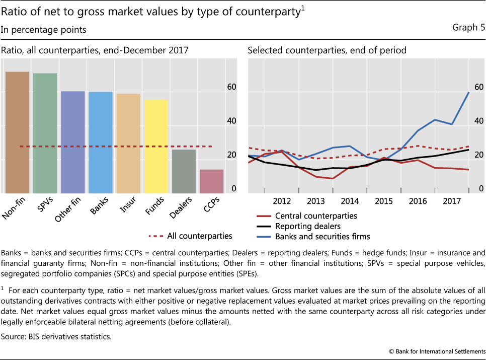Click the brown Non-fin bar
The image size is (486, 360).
point(17,132)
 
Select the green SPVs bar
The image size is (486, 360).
point(45,133)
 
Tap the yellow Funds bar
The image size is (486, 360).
point(155,146)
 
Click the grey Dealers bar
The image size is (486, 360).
point(184,171)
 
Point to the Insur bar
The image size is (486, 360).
point(128,143)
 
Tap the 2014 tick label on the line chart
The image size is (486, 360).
point(350,201)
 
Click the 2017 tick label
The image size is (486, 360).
point(452,201)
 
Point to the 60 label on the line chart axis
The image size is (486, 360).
point(478,87)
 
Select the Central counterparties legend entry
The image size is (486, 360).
point(316,216)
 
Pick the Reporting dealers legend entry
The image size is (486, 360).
point(307,226)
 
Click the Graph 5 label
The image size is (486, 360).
point(468,29)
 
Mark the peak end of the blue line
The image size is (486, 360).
point(469,92)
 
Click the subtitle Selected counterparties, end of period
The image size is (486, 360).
point(327,50)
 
